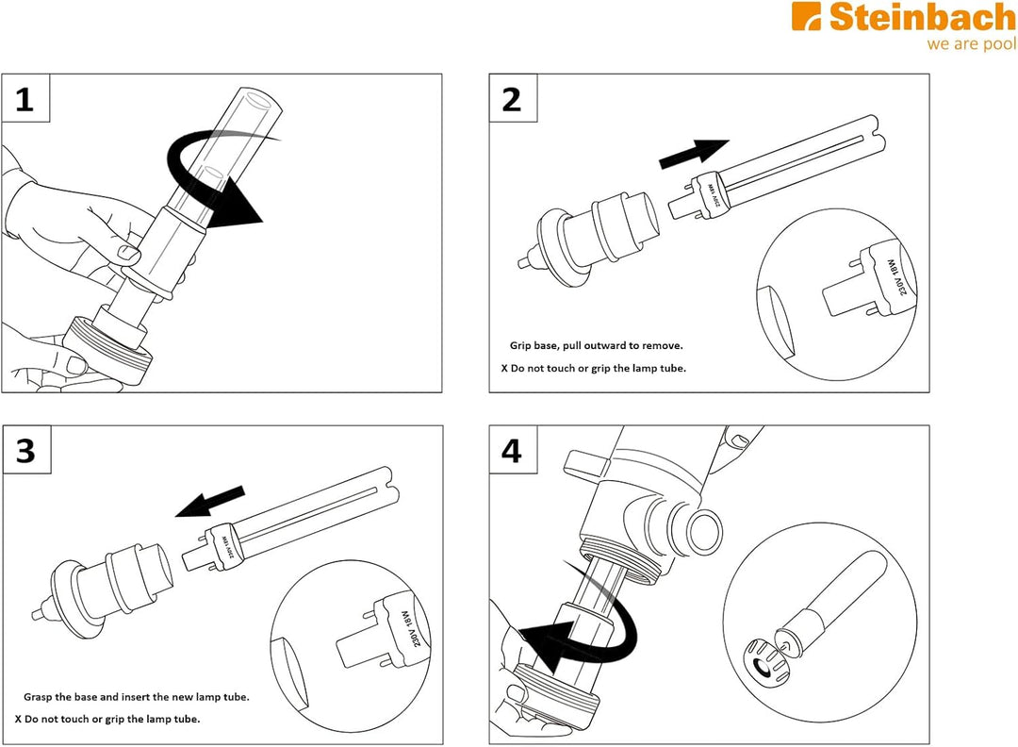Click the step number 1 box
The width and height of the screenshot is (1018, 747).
pyautogui.click(x=26, y=98)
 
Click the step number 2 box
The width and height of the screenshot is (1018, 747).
pyautogui.click(x=513, y=98)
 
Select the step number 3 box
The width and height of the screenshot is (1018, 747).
pyautogui.click(x=26, y=450)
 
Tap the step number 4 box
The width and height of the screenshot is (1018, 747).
pyautogui.click(x=513, y=450)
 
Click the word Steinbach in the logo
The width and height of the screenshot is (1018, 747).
pyautogui.click(x=922, y=18)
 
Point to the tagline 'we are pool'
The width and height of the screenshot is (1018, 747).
pyautogui.click(x=972, y=44)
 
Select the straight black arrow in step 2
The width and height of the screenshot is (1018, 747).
pyautogui.click(x=694, y=154)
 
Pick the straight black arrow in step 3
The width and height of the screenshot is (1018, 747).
pyautogui.click(x=210, y=502)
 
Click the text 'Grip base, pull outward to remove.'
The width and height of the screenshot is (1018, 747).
pyautogui.click(x=596, y=345)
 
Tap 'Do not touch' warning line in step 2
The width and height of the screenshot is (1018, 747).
pyautogui.click(x=594, y=368)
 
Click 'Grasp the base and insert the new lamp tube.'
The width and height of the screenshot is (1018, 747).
pyautogui.click(x=137, y=697)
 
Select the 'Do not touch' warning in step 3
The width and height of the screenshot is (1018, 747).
pyautogui.click(x=107, y=719)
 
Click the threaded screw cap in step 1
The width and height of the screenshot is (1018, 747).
pyautogui.click(x=109, y=351)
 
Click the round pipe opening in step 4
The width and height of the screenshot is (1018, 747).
pyautogui.click(x=704, y=531)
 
